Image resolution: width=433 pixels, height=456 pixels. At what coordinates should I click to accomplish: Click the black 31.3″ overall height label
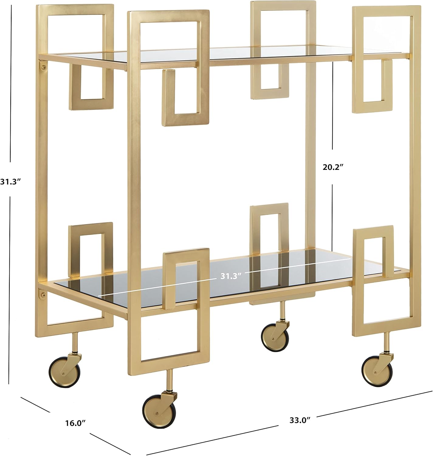click(10, 182)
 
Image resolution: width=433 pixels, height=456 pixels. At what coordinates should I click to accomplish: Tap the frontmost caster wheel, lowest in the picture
click(157, 410)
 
